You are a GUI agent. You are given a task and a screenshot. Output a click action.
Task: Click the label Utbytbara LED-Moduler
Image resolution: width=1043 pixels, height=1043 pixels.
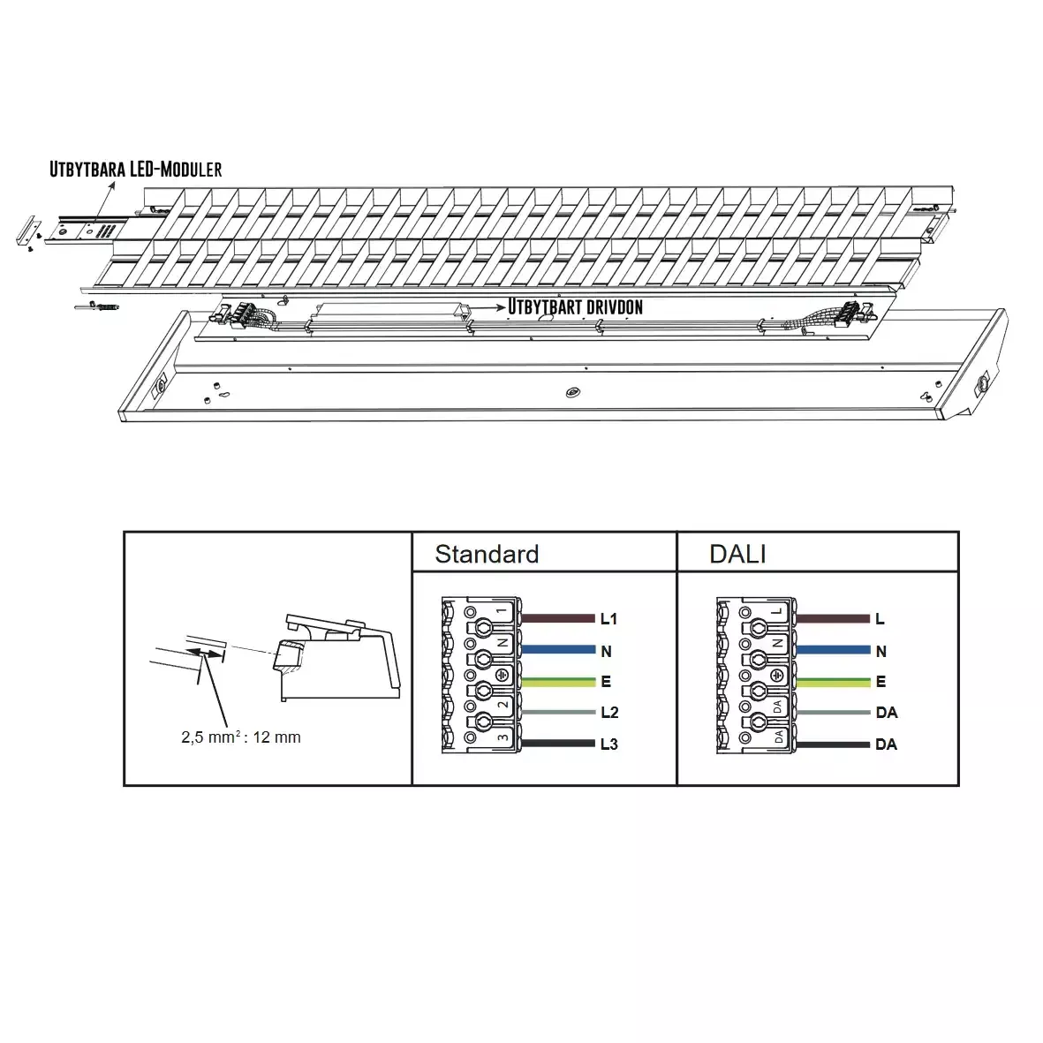[x=136, y=169]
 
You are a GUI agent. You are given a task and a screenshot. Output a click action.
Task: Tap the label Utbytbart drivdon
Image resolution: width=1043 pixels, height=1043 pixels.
[x=576, y=306]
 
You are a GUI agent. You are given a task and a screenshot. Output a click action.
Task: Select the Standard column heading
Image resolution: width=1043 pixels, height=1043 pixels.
[x=487, y=554]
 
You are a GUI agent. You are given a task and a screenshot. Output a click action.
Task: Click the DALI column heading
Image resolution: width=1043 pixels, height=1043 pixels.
[x=737, y=554]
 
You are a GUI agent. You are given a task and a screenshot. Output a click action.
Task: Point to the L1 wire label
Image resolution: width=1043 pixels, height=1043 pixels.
[x=608, y=618]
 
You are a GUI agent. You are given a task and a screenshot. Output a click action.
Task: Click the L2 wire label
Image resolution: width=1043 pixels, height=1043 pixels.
[x=609, y=713]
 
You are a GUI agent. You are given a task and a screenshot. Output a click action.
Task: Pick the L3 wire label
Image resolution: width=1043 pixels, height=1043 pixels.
[x=609, y=744]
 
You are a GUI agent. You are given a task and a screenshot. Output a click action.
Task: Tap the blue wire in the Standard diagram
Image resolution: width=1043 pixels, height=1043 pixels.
[x=558, y=650]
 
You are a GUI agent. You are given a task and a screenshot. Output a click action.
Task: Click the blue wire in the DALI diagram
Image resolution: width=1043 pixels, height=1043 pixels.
[x=833, y=650]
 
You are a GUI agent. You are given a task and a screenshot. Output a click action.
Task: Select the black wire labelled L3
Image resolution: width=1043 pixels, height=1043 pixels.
[x=558, y=743]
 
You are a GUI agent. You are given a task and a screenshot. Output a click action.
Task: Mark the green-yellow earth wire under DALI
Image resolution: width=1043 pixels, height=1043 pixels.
[x=833, y=682]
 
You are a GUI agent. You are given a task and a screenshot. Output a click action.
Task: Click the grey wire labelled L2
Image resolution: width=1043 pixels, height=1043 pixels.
[x=558, y=713]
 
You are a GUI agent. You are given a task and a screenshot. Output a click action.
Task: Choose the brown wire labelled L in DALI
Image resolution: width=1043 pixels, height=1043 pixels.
[x=833, y=618]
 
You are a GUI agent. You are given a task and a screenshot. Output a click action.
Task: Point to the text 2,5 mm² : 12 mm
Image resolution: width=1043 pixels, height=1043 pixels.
[x=241, y=737]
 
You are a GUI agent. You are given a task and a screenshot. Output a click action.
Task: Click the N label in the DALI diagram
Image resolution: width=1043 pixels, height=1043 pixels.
[x=881, y=651]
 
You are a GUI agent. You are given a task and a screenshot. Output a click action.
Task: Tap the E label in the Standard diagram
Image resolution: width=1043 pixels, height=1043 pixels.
[x=606, y=682]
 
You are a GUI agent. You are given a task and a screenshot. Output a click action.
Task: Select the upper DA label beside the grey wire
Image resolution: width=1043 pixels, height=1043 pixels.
[x=887, y=713]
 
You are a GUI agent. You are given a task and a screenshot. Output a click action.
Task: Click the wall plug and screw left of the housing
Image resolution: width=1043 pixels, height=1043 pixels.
[x=97, y=306]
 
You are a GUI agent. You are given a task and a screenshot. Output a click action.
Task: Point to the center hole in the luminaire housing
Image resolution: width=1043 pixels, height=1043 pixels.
[x=572, y=392]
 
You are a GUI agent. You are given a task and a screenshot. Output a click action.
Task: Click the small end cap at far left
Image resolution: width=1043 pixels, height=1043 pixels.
[x=28, y=231]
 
